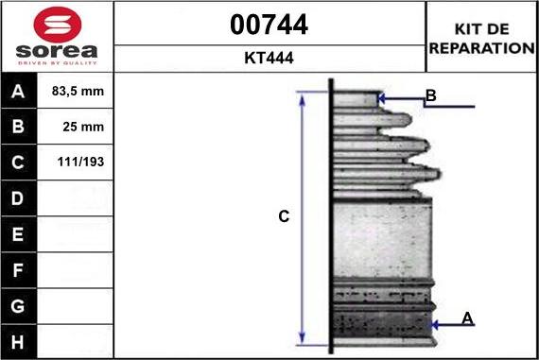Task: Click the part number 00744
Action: click(269, 25)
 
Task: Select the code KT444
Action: click(269, 58)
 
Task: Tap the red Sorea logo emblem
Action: click(58, 25)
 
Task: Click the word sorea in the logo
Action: click(57, 51)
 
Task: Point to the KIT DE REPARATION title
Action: click(482, 39)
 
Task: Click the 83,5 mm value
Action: click(78, 91)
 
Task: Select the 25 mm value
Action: click(83, 127)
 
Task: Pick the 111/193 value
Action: click(80, 162)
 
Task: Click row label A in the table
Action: click(18, 92)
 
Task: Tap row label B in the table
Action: click(18, 127)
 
